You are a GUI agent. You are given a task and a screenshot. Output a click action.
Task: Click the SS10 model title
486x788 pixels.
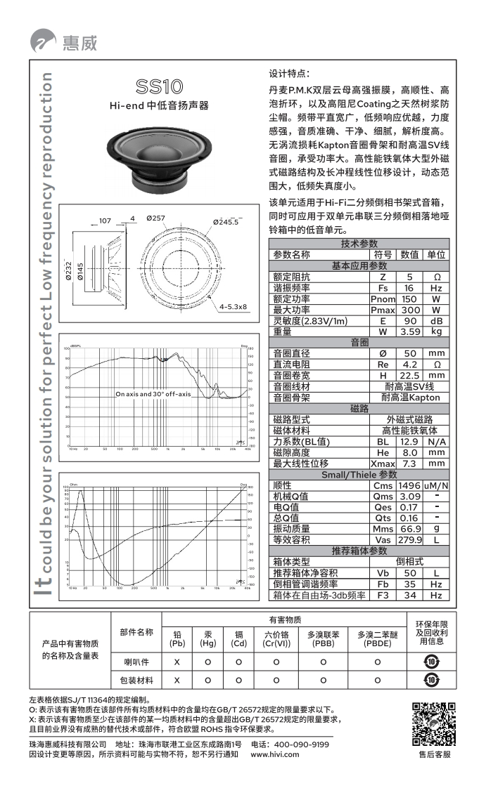[160, 87]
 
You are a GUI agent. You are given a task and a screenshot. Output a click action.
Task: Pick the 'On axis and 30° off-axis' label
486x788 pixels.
[153, 394]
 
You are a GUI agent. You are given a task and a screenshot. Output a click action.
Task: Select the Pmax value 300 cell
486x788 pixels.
[409, 310]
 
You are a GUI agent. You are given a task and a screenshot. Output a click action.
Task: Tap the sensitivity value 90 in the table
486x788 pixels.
[409, 321]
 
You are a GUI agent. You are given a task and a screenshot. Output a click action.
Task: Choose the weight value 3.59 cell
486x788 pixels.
[409, 331]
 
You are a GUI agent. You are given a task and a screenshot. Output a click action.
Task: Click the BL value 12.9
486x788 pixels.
[409, 442]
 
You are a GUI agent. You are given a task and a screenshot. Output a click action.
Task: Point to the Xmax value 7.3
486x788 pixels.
[409, 464]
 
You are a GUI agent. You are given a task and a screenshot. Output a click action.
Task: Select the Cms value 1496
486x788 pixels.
[409, 485]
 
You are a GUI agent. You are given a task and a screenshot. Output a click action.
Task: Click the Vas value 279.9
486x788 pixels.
[409, 540]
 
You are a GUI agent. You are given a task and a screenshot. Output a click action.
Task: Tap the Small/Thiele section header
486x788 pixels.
[359, 475]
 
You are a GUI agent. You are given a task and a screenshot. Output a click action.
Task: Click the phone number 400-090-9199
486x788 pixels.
[301, 744]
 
